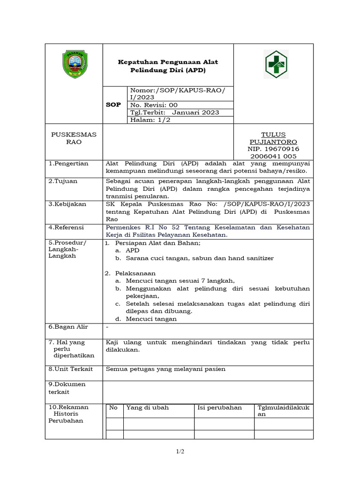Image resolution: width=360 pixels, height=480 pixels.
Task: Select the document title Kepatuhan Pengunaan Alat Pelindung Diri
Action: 167,66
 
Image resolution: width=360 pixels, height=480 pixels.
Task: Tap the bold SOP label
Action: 114,105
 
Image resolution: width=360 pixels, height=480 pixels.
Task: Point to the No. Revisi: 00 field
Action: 154,105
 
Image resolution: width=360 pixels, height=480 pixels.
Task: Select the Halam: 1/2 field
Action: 148,120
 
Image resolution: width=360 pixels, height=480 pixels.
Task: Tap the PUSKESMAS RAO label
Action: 74,138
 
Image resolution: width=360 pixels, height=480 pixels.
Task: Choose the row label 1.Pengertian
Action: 68,164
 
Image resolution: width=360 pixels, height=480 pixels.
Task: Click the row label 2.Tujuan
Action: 63,181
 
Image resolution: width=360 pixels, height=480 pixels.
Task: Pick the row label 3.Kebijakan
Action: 68,204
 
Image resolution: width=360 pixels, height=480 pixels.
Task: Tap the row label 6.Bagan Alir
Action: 68,327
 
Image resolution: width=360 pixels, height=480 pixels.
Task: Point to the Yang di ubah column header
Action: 147,408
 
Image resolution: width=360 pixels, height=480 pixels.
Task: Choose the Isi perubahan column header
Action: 220,408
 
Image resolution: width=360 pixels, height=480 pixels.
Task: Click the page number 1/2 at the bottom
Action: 180,451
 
